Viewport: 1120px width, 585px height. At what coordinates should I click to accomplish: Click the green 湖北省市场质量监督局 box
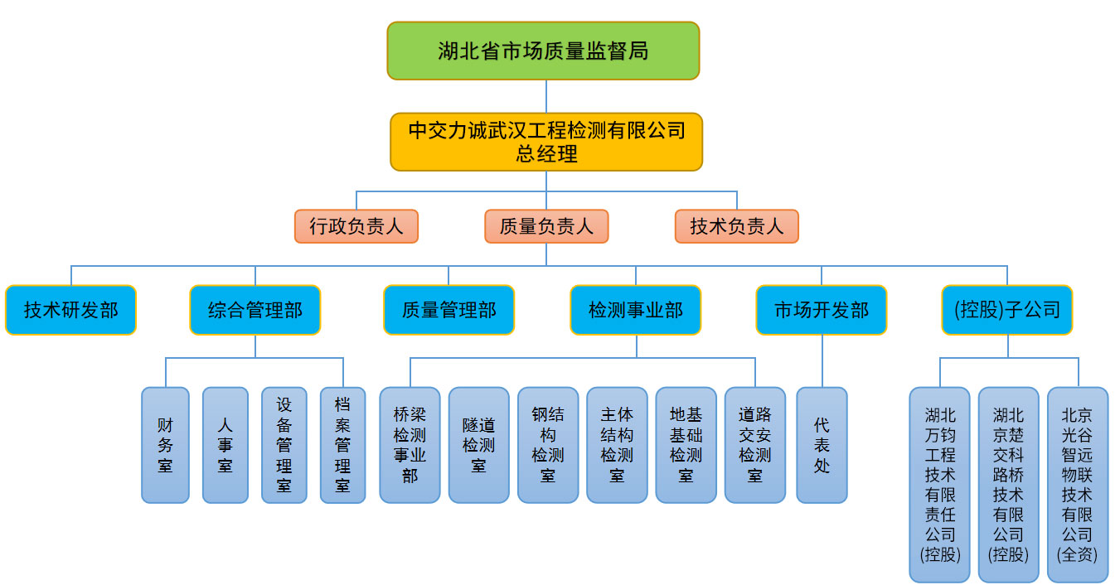click(543, 51)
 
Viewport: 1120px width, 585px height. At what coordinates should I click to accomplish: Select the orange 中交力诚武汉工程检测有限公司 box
click(546, 142)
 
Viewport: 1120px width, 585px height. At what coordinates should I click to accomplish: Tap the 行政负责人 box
click(356, 226)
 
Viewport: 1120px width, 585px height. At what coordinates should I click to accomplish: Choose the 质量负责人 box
click(546, 226)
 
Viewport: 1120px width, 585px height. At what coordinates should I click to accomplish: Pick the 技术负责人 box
click(737, 226)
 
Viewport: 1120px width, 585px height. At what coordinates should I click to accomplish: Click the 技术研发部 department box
click(70, 310)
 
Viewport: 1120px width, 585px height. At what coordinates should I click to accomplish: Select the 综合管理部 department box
click(255, 310)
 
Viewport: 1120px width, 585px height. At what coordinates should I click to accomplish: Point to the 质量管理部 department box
click(448, 310)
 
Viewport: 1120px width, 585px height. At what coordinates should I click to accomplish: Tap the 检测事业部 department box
click(636, 310)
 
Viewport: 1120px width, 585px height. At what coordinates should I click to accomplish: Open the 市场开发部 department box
click(822, 310)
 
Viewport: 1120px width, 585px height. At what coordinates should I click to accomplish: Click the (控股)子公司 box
click(1007, 310)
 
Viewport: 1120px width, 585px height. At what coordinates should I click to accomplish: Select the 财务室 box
click(166, 445)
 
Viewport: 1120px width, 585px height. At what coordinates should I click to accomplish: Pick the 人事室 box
click(225, 445)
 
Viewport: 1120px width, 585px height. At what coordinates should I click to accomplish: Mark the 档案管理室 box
click(343, 445)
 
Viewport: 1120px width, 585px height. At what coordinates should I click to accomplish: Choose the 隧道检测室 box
click(479, 445)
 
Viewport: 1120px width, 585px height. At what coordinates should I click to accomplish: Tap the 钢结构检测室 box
click(548, 445)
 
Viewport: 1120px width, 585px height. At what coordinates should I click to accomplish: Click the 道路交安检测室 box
click(755, 445)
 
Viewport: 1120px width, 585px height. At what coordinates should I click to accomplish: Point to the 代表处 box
click(822, 445)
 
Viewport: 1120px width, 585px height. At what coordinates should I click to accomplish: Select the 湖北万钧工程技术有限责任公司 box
click(939, 485)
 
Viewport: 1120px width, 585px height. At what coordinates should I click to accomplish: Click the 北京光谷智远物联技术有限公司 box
click(1078, 485)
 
